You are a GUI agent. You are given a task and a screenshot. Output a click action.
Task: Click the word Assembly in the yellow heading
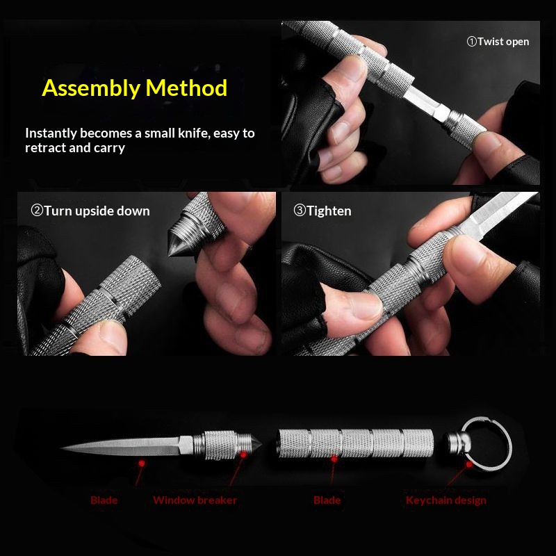(x=91, y=88)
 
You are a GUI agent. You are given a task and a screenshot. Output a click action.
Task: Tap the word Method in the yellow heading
(x=186, y=88)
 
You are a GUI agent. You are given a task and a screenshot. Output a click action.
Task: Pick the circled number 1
(x=472, y=42)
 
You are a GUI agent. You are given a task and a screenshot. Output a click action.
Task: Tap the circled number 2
(x=37, y=211)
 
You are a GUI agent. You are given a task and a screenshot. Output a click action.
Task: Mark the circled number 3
(x=300, y=211)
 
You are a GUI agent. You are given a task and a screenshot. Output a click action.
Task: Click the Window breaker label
(x=195, y=500)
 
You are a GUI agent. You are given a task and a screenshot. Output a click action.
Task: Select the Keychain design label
(x=446, y=500)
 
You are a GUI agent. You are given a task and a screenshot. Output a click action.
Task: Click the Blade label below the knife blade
(x=104, y=500)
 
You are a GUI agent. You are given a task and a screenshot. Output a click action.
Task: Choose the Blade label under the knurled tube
(x=327, y=500)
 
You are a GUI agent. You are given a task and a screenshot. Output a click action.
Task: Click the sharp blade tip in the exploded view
(x=61, y=448)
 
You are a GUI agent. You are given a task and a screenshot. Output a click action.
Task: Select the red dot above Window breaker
(x=244, y=455)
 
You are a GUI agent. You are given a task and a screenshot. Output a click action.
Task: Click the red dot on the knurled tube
(x=334, y=459)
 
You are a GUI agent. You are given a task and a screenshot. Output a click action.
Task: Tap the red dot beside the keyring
(x=469, y=464)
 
